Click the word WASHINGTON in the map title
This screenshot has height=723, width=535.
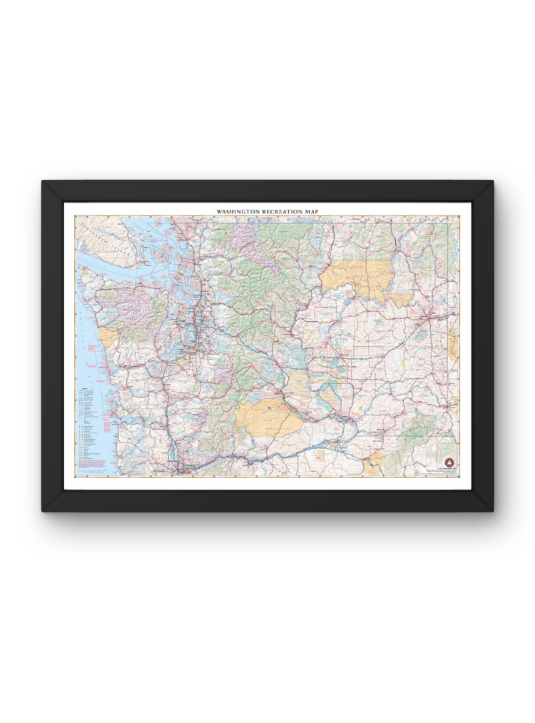click(240, 211)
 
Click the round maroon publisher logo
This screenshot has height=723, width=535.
click(449, 462)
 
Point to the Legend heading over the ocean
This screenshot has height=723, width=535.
click(86, 389)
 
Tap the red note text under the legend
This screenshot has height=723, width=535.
click(91, 465)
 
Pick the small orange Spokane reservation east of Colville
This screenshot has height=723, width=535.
click(400, 299)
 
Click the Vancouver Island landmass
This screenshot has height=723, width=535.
click(100, 232)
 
